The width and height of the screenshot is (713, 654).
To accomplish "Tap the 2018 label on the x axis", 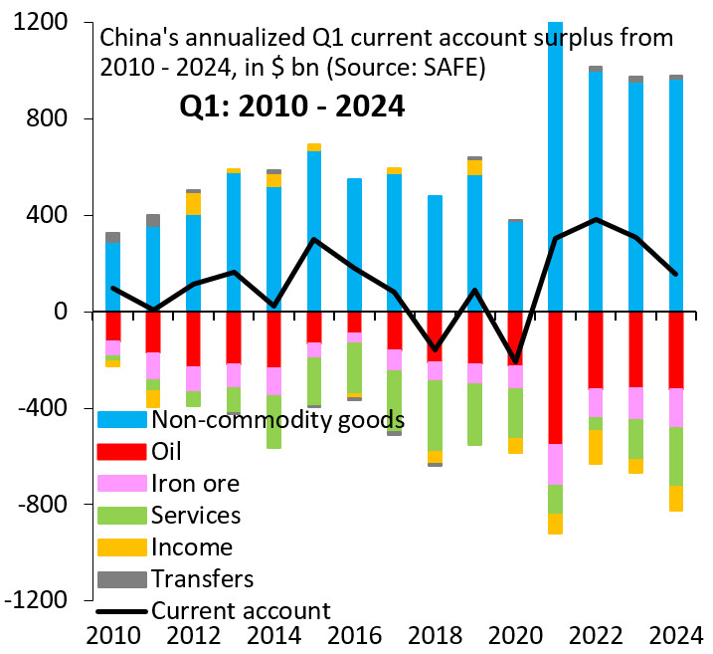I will [x=434, y=633].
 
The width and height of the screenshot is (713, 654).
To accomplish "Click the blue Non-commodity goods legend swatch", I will [x=121, y=419].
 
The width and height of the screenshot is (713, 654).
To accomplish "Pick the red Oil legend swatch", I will [x=121, y=451].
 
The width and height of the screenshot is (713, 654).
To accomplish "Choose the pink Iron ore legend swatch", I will [x=121, y=483].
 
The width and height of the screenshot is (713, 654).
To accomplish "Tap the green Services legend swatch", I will [x=121, y=515].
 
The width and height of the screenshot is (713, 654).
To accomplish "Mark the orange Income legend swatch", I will [x=121, y=546].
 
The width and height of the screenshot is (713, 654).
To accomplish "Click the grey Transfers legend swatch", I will [x=121, y=578].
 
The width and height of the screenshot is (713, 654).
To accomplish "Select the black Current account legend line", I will [x=121, y=610].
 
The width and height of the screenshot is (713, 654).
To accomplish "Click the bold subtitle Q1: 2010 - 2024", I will [x=291, y=106].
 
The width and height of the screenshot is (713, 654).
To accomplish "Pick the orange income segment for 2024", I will [x=676, y=498].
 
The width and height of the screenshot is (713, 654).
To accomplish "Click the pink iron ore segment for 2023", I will [x=635, y=403].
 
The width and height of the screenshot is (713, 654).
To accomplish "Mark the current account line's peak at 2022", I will [x=596, y=219].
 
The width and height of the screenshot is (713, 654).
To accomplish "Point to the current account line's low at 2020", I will [x=515, y=360].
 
